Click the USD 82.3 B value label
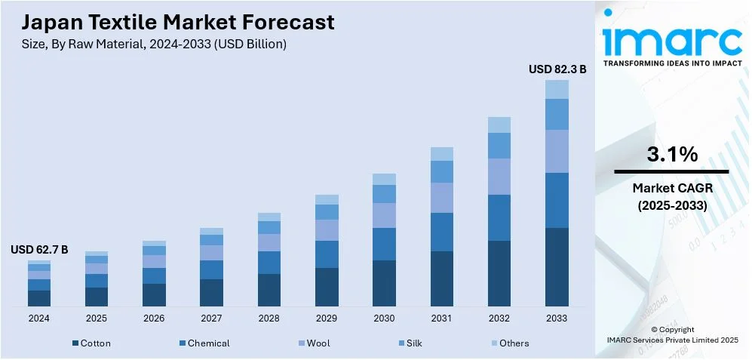point(557,69)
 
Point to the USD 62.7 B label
point(39,250)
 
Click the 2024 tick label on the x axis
point(39,318)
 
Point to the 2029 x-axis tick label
point(327,318)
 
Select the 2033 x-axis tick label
point(557,318)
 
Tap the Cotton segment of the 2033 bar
point(557,266)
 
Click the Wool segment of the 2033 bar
point(557,151)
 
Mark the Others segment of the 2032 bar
point(499,125)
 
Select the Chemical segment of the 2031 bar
point(442,232)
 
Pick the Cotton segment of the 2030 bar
point(384,283)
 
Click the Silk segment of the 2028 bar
point(269,227)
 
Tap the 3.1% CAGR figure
point(672,155)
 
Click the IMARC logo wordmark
point(671,42)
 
